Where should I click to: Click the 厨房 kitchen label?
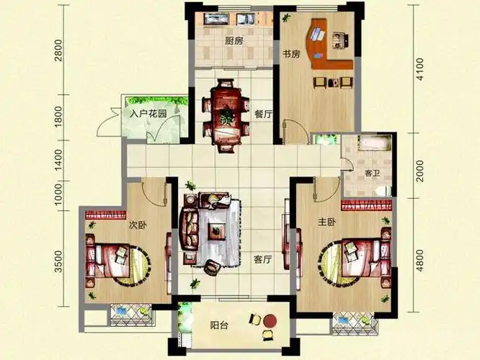pyautogui.click(x=234, y=41)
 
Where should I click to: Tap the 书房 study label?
pyautogui.click(x=291, y=55)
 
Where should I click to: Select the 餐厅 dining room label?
pyautogui.click(x=264, y=114)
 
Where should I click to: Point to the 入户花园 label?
pyautogui.click(x=148, y=114)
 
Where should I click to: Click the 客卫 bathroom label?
pyautogui.click(x=372, y=174)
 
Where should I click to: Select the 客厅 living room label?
pyautogui.click(x=263, y=260)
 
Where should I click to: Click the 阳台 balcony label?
pyautogui.click(x=219, y=325)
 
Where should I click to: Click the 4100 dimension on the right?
pyautogui.click(x=420, y=69)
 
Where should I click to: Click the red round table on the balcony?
pyautogui.click(x=270, y=321)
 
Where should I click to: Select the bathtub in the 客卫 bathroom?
pyautogui.click(x=375, y=143)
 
